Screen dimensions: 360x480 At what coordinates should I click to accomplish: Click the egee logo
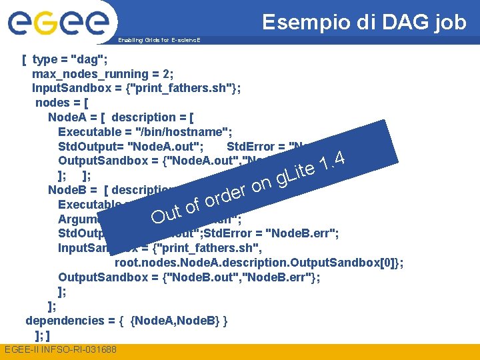tap(58, 23)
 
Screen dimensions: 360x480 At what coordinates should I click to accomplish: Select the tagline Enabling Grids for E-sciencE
tap(158, 41)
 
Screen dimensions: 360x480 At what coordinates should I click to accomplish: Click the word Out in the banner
tap(166, 214)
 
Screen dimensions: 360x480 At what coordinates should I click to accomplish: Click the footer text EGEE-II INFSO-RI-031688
tap(60, 350)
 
